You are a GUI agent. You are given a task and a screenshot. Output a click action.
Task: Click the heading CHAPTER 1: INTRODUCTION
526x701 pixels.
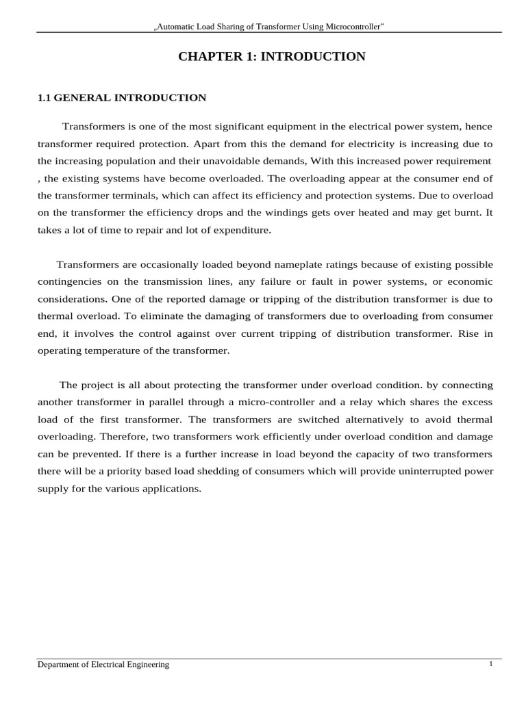point(272,57)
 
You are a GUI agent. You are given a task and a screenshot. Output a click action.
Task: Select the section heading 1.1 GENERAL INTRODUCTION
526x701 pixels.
point(121,98)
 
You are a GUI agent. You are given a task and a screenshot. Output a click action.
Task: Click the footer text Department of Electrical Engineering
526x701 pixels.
point(103,665)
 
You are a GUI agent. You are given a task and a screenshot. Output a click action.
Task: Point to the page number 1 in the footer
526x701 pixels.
point(491,664)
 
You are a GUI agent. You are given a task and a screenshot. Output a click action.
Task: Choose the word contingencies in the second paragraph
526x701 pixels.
point(67,282)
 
